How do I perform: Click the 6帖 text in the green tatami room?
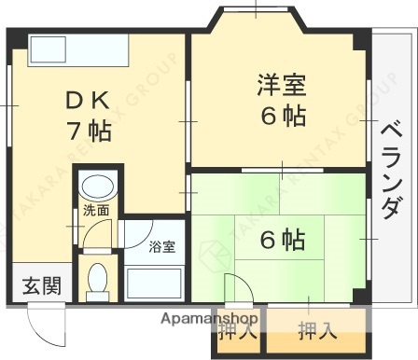tap(282, 241)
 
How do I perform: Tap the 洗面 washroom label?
tap(94, 211)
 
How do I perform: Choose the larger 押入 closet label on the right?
tap(317, 329)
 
